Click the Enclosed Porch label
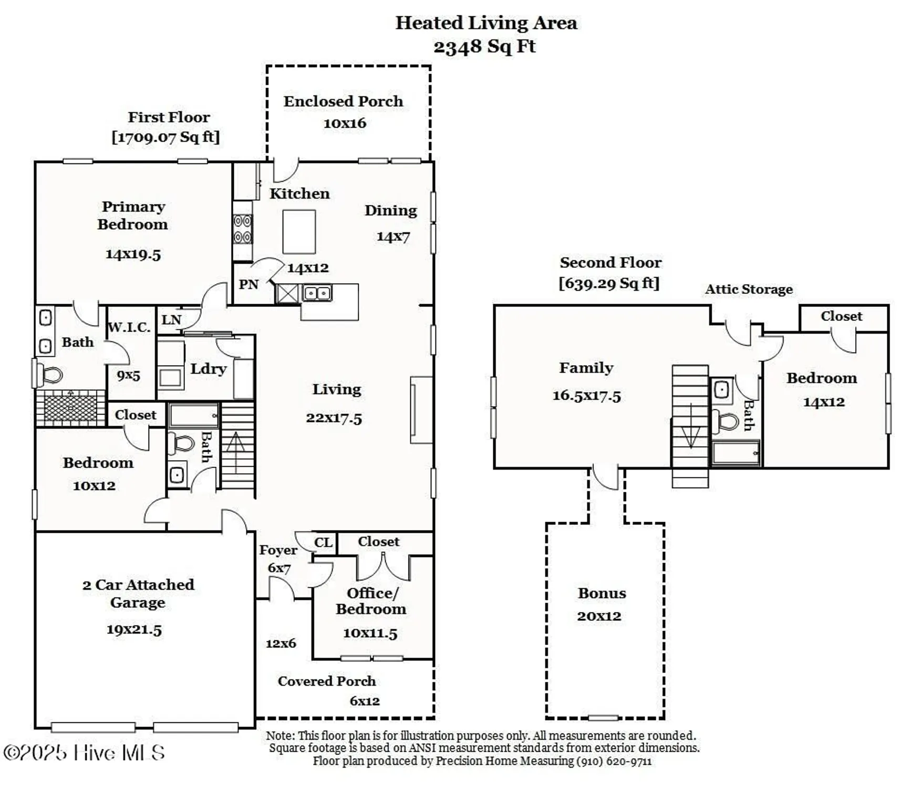click(343, 101)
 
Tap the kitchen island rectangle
click(299, 232)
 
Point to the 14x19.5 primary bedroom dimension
click(133, 254)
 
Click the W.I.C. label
click(129, 327)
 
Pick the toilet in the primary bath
click(49, 375)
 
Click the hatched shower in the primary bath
click(70, 408)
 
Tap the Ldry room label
click(208, 369)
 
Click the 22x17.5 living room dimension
click(334, 418)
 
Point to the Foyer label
click(278, 550)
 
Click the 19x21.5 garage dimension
click(134, 629)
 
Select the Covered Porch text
click(326, 681)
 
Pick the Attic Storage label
click(749, 289)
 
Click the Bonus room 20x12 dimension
click(599, 616)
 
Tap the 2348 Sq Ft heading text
click(484, 46)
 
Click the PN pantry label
click(249, 285)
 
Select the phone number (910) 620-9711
click(614, 761)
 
